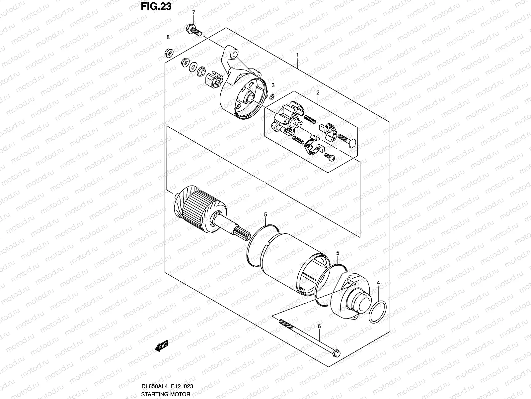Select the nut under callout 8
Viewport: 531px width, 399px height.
click(x=168, y=52)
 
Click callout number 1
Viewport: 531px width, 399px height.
click(x=298, y=55)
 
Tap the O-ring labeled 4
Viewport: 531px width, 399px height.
click(x=378, y=312)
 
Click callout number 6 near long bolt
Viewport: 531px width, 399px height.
click(x=319, y=327)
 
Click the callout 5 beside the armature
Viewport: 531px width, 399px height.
click(x=265, y=215)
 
